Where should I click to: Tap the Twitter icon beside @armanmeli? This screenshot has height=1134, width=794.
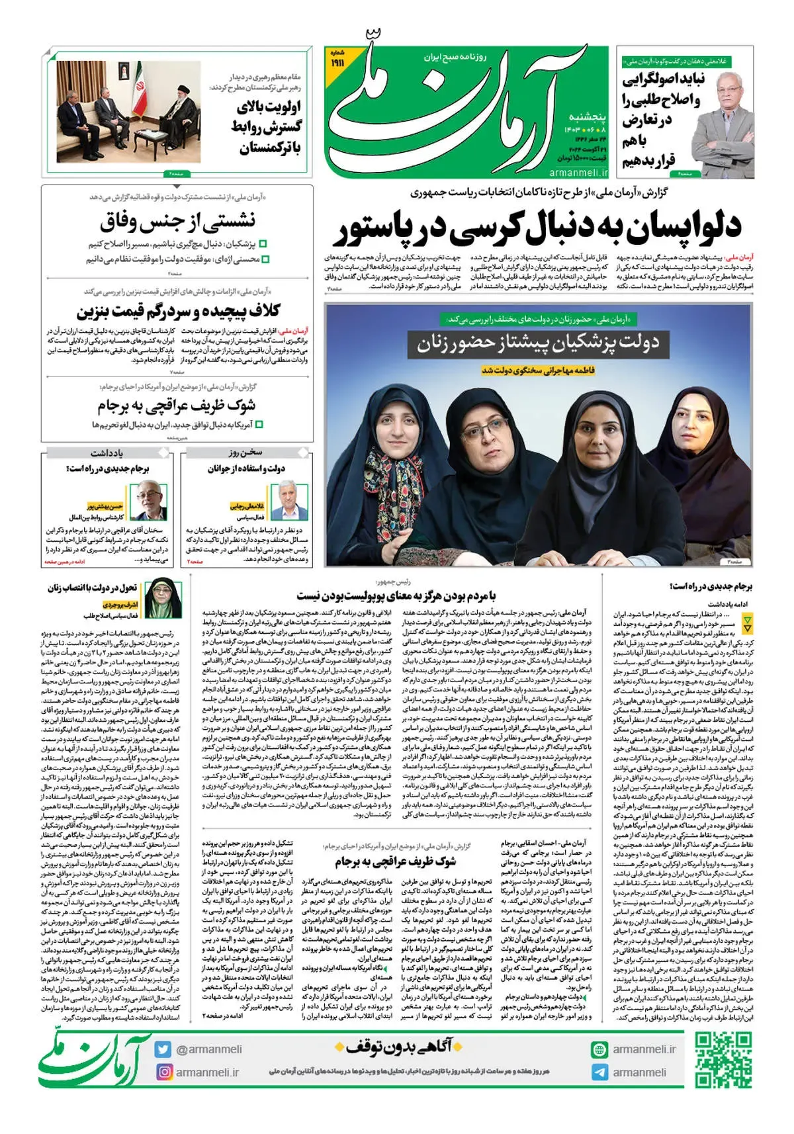tap(163, 1049)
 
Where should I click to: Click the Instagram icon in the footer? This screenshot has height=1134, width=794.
tap(163, 1072)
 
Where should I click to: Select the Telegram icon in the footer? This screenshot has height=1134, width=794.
tap(599, 1072)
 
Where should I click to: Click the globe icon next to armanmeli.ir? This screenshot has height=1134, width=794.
tap(599, 1049)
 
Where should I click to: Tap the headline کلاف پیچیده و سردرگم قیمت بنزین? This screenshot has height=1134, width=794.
tap(178, 311)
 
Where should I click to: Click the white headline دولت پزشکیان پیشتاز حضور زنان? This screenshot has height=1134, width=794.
tap(537, 343)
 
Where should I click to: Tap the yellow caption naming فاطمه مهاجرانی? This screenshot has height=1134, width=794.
tap(538, 371)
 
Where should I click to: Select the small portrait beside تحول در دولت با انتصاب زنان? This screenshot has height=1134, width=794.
tap(159, 597)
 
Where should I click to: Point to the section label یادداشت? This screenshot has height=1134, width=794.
tap(107, 453)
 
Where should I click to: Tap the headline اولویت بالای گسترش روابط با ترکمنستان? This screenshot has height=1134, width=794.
tap(268, 126)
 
